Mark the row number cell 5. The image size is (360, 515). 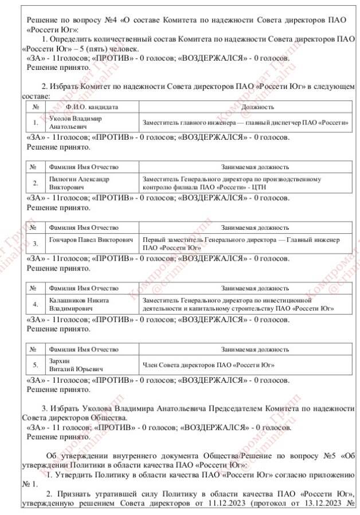coord(36,364)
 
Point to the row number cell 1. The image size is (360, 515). coord(36,122)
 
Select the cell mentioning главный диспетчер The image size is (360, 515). coord(246,122)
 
